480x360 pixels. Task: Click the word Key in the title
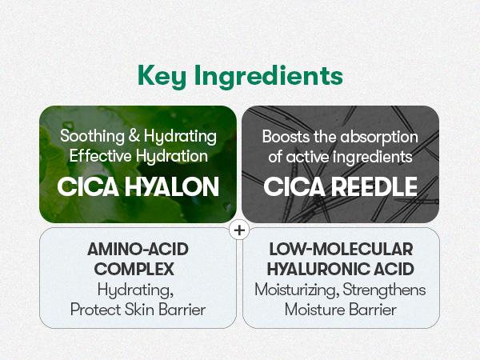[x=162, y=76]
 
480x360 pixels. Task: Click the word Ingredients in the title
[x=269, y=76]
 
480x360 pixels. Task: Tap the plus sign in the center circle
[x=239, y=230]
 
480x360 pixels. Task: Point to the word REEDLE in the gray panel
[x=374, y=186]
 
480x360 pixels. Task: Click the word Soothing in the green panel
[x=92, y=136]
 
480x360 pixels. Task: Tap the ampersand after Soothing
[x=134, y=136]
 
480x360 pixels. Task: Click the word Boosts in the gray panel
[x=286, y=137]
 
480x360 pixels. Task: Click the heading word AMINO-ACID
[x=138, y=249]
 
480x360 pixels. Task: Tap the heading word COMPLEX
[x=134, y=270]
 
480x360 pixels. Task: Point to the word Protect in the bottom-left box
[x=95, y=310]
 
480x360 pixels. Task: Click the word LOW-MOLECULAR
[x=341, y=249]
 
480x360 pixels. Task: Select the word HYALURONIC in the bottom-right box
[x=318, y=270]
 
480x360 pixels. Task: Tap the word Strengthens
[x=384, y=290]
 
